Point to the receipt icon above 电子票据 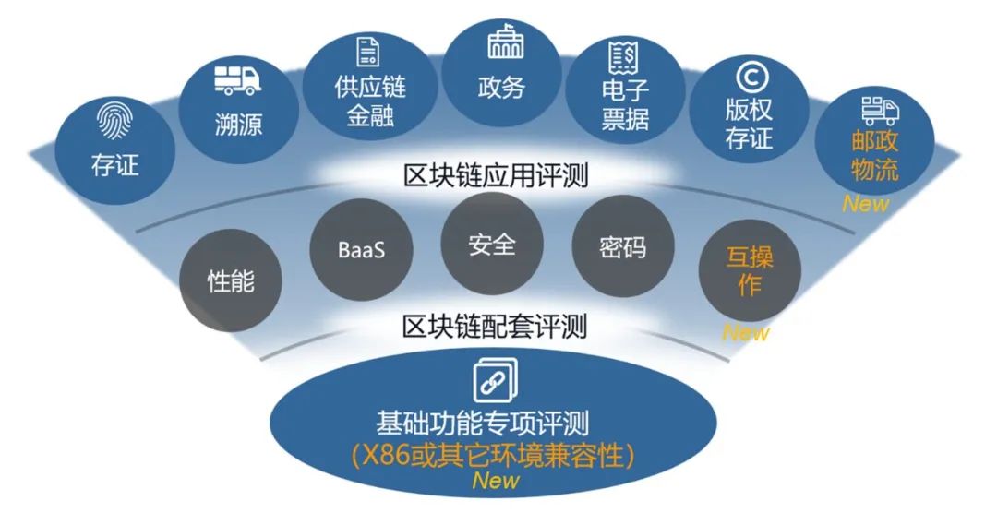pos(623,58)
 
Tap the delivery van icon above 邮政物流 pos(881,113)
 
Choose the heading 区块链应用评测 pos(498,175)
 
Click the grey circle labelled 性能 pos(231,281)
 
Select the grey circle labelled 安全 pos(491,245)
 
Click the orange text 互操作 pos(749,270)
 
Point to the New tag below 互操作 pos(746,333)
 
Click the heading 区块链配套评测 pos(497,326)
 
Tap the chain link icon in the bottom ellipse pos(496,379)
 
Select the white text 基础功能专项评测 pos(496,424)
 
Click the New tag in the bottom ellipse pos(496,481)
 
